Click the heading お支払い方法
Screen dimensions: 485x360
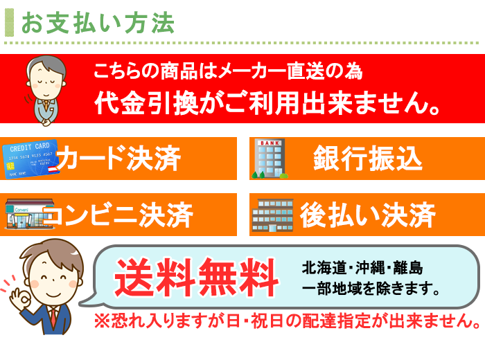coord(98,23)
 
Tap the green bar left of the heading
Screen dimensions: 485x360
coord(9,23)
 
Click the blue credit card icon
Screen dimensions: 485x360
coord(30,159)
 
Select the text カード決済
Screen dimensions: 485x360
coord(118,158)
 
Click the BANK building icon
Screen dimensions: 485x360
coord(270,159)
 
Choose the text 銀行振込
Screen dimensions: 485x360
coord(368,159)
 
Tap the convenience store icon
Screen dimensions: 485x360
coord(29,214)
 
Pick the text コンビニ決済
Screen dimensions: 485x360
coord(118,215)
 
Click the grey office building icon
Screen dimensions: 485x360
coord(272,215)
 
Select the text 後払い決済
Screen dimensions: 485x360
coord(368,215)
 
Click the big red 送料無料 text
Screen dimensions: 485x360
coord(196,277)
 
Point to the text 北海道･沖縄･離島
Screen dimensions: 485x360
coord(362,268)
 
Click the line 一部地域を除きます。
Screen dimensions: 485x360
coord(371,288)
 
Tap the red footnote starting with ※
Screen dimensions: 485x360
coord(288,321)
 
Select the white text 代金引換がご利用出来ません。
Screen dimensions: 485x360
coord(267,103)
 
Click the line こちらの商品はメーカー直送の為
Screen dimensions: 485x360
coord(228,71)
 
